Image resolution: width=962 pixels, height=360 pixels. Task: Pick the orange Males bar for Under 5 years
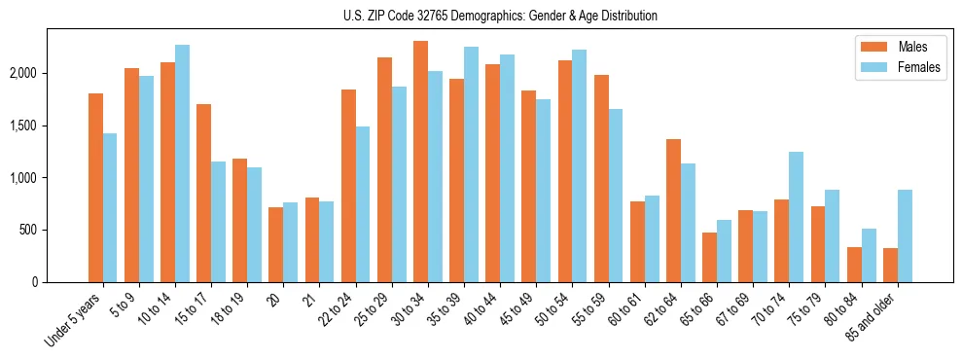pos(95,188)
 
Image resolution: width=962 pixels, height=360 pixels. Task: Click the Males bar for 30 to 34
pos(420,162)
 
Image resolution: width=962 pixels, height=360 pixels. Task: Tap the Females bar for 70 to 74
pos(796,217)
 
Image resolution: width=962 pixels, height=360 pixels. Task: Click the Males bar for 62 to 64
pos(673,210)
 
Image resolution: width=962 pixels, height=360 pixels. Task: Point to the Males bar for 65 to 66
pos(710,257)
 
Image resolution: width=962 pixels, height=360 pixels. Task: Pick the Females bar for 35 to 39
pos(471,164)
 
